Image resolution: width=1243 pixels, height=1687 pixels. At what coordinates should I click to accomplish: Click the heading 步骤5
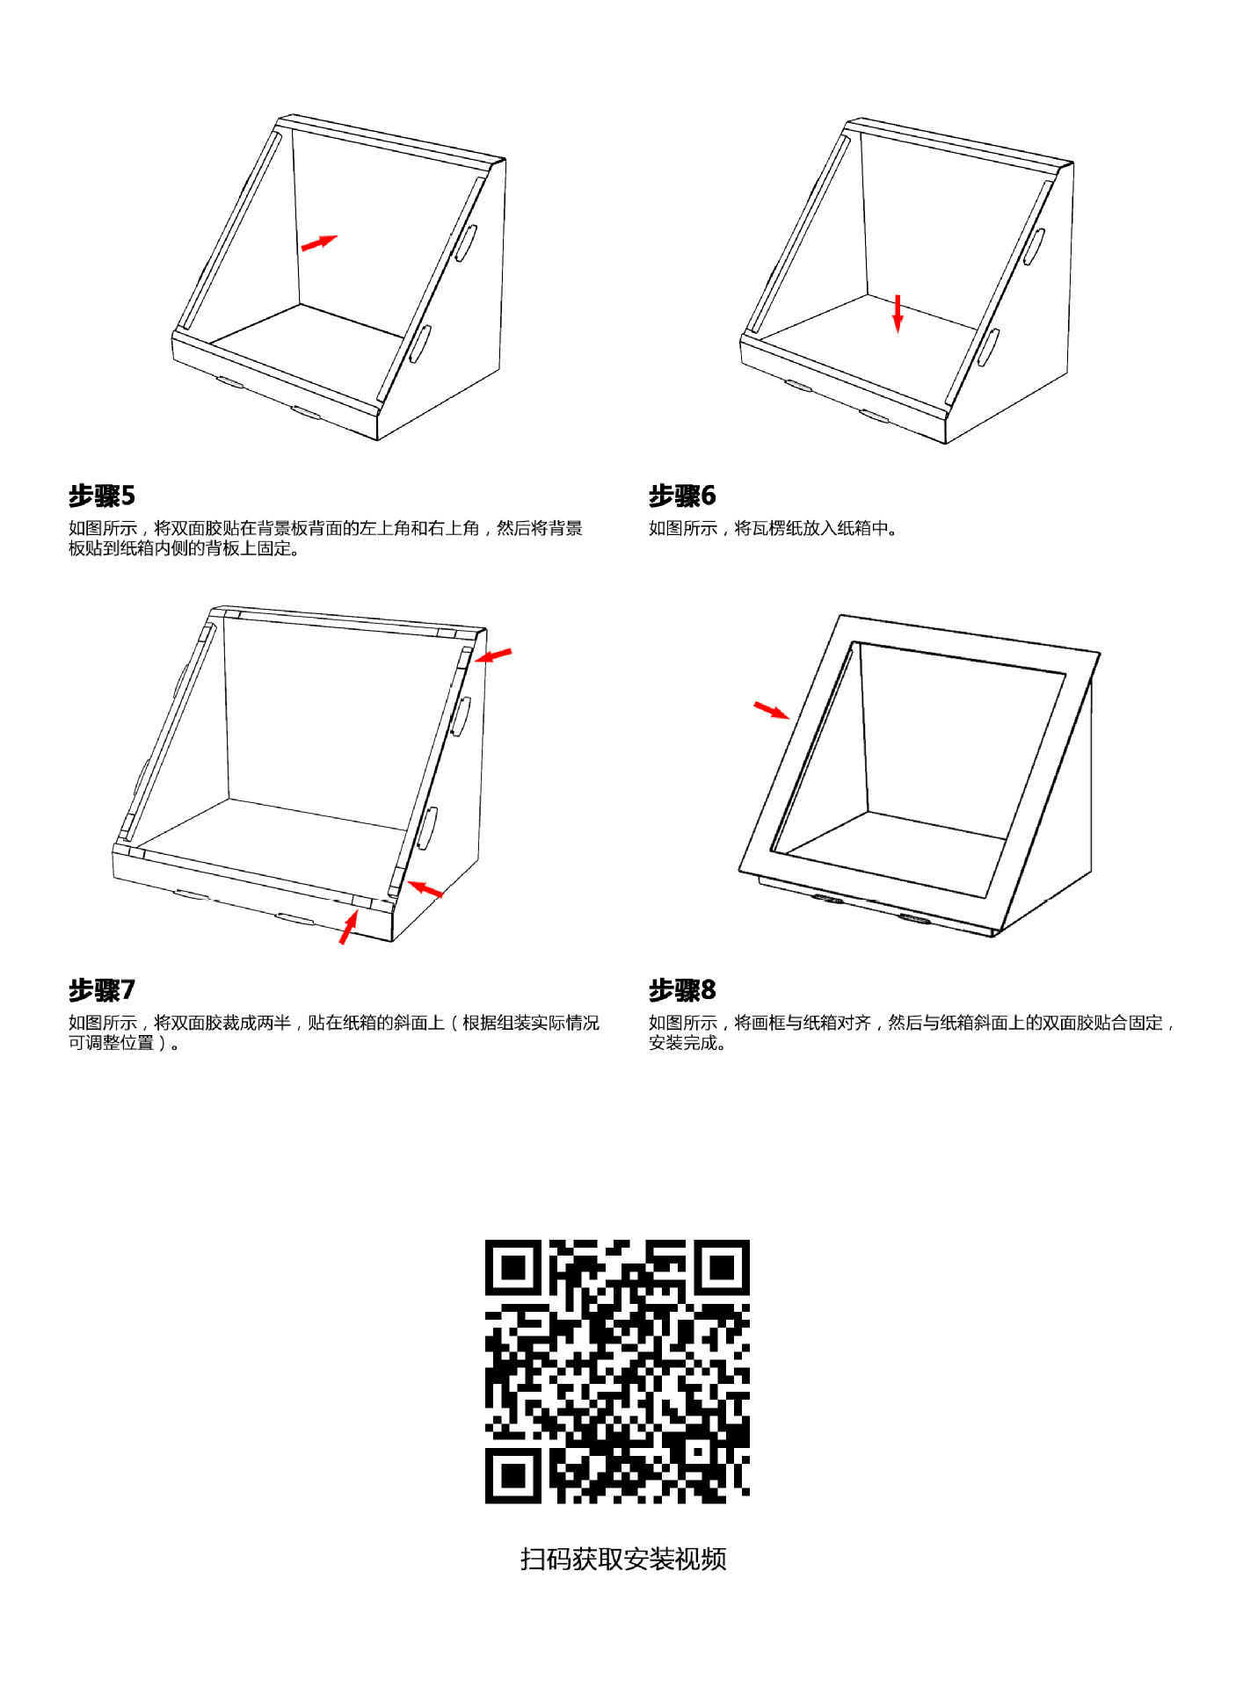pos(102,496)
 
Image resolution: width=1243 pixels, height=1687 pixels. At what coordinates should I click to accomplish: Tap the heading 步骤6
pos(682,496)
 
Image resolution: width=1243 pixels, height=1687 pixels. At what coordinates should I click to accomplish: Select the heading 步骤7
pos(102,990)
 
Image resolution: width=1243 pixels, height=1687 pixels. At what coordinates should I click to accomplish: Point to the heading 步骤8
pos(682,990)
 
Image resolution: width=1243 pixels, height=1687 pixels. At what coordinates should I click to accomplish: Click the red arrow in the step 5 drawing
pos(318,243)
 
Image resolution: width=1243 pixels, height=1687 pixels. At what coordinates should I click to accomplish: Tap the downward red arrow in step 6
pos(898,314)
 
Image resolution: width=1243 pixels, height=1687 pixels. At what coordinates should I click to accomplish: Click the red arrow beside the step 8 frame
pos(771,710)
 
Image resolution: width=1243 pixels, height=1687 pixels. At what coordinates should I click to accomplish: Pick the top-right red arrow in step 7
pos(494,655)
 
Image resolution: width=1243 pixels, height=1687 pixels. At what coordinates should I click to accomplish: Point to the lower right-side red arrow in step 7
pos(426,889)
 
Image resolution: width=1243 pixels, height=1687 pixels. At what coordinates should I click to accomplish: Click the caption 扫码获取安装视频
pos(622,1559)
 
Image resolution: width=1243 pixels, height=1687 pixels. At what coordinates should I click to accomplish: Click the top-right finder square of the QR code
pos(722,1267)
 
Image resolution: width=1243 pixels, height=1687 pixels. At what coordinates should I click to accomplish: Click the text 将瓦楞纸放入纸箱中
pos(810,528)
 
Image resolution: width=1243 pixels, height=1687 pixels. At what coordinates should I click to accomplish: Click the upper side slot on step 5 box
pos(466,243)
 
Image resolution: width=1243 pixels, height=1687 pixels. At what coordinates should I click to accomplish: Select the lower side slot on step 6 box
pos(988,347)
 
